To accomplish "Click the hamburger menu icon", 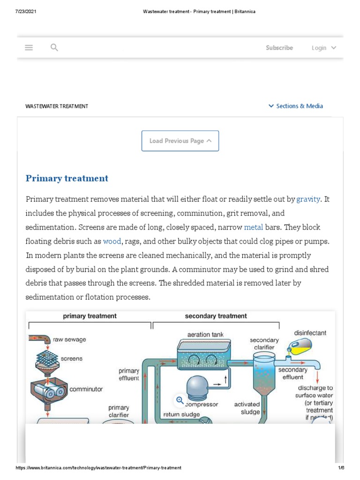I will tap(29, 47).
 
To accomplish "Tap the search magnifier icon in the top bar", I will tap(54, 47).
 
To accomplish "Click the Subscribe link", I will tap(279, 48).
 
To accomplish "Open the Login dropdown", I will tap(324, 48).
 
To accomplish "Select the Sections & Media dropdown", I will tap(296, 106).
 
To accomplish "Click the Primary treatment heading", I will tap(67, 178).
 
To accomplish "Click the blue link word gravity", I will tap(308, 199).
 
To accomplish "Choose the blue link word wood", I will tap(112, 241).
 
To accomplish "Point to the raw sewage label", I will tap(69, 339).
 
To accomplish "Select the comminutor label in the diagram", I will tap(86, 389).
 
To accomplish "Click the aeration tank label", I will tap(205, 335).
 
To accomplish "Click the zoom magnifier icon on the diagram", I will tap(180, 400).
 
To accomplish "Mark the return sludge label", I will tap(181, 414).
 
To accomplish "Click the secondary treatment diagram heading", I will tap(216, 316).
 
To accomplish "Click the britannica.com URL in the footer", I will tap(98, 468).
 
